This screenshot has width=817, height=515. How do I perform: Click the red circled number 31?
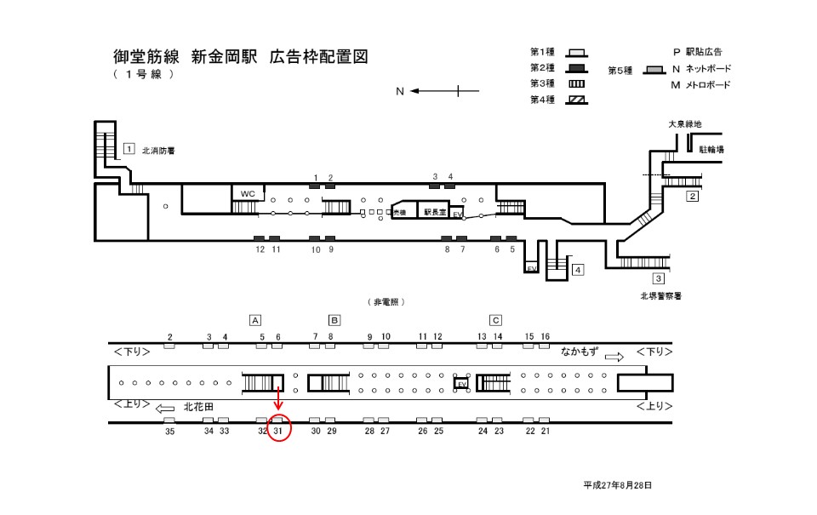278,432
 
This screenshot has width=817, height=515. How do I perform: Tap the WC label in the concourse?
248,193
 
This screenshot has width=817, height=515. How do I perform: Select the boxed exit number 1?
129,149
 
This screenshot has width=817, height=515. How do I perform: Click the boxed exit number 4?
578,271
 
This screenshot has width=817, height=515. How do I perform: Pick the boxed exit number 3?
658,278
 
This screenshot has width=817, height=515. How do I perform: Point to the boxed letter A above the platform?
254,320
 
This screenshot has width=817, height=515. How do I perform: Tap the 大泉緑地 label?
685,124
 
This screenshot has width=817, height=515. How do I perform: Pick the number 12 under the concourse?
260,249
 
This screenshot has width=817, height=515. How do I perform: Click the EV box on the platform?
462,384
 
